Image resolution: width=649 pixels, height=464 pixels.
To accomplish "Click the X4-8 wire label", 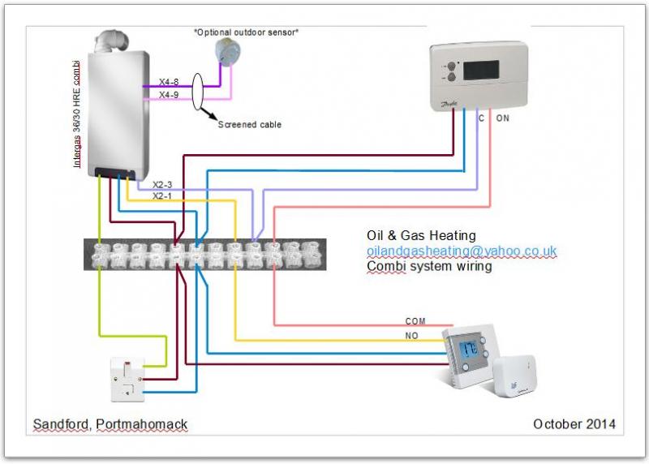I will (168, 82).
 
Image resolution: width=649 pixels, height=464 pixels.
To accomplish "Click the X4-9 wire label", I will (168, 96).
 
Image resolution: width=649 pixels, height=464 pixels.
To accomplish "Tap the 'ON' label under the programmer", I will (503, 119).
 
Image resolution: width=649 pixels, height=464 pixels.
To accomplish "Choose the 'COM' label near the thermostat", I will (415, 322).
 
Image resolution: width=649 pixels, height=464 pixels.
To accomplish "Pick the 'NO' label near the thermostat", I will (411, 335).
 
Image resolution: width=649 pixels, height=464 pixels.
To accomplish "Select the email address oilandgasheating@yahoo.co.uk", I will (462, 251).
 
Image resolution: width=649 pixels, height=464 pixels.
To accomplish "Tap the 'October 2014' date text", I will (574, 424).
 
